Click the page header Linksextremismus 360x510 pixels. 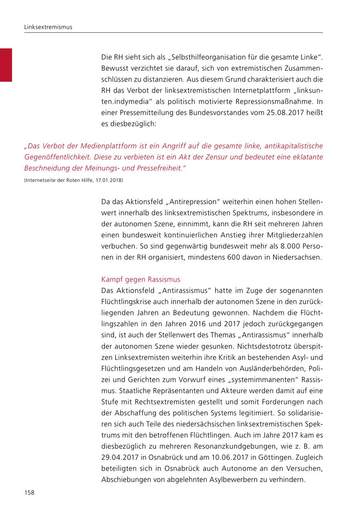pyautogui.click(x=48, y=27)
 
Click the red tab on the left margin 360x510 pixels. pyautogui.click(x=6, y=65)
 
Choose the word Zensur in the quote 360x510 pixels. pyautogui.click(x=212, y=157)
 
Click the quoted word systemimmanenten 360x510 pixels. pyautogui.click(x=254, y=379)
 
